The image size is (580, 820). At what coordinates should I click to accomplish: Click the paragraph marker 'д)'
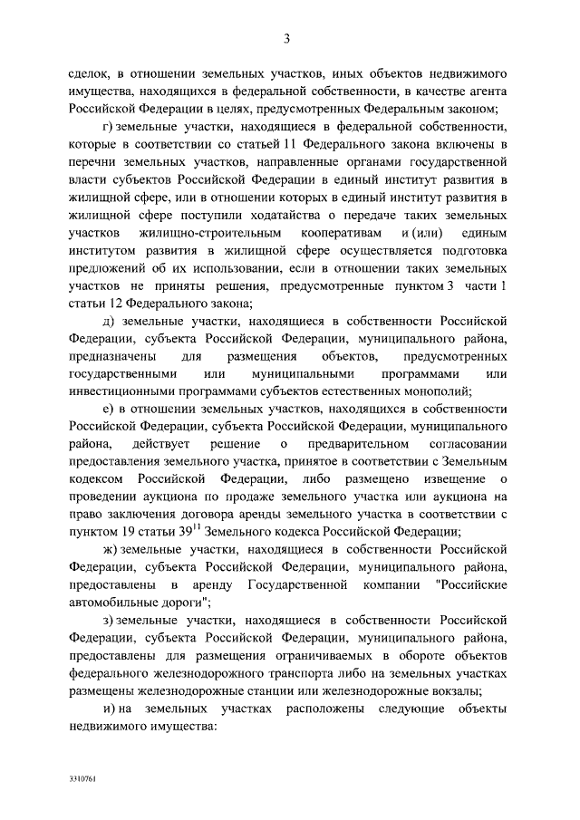pos(109,322)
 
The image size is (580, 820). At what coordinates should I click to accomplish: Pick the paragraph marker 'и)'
pos(110,709)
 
